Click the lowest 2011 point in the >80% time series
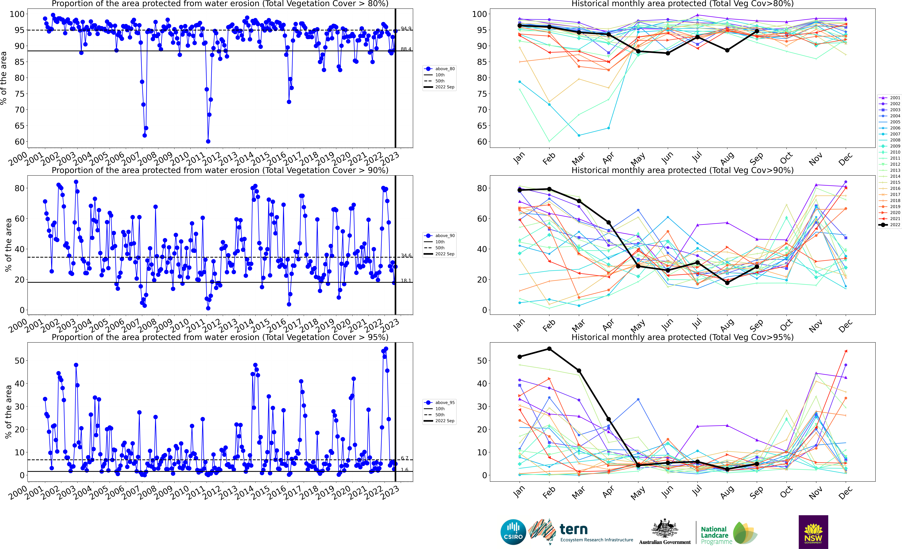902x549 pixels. pyautogui.click(x=208, y=141)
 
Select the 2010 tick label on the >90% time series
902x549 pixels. pyautogui.click(x=179, y=324)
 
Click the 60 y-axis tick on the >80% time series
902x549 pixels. pyautogui.click(x=19, y=142)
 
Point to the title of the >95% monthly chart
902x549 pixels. pyautogui.click(x=682, y=337)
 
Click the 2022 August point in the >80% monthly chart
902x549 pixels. pyautogui.click(x=727, y=50)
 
